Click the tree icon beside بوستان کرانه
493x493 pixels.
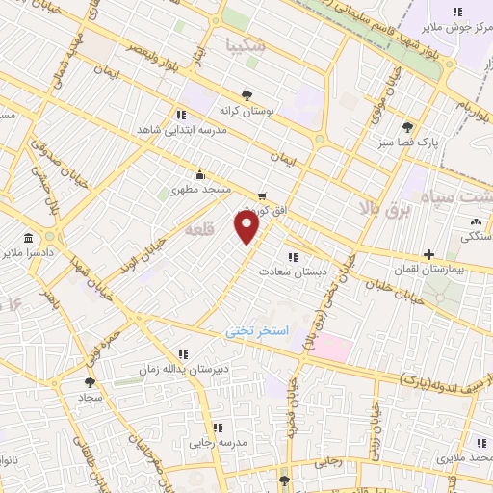(x=247, y=94)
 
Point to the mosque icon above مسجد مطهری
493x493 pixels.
(x=199, y=174)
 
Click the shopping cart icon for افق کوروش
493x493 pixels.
(x=262, y=195)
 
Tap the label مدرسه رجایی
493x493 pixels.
(x=218, y=443)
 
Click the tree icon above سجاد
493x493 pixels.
(x=90, y=381)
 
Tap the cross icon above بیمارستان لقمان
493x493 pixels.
(x=428, y=255)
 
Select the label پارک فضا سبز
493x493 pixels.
(x=408, y=143)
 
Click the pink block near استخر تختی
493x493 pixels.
(x=329, y=348)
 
